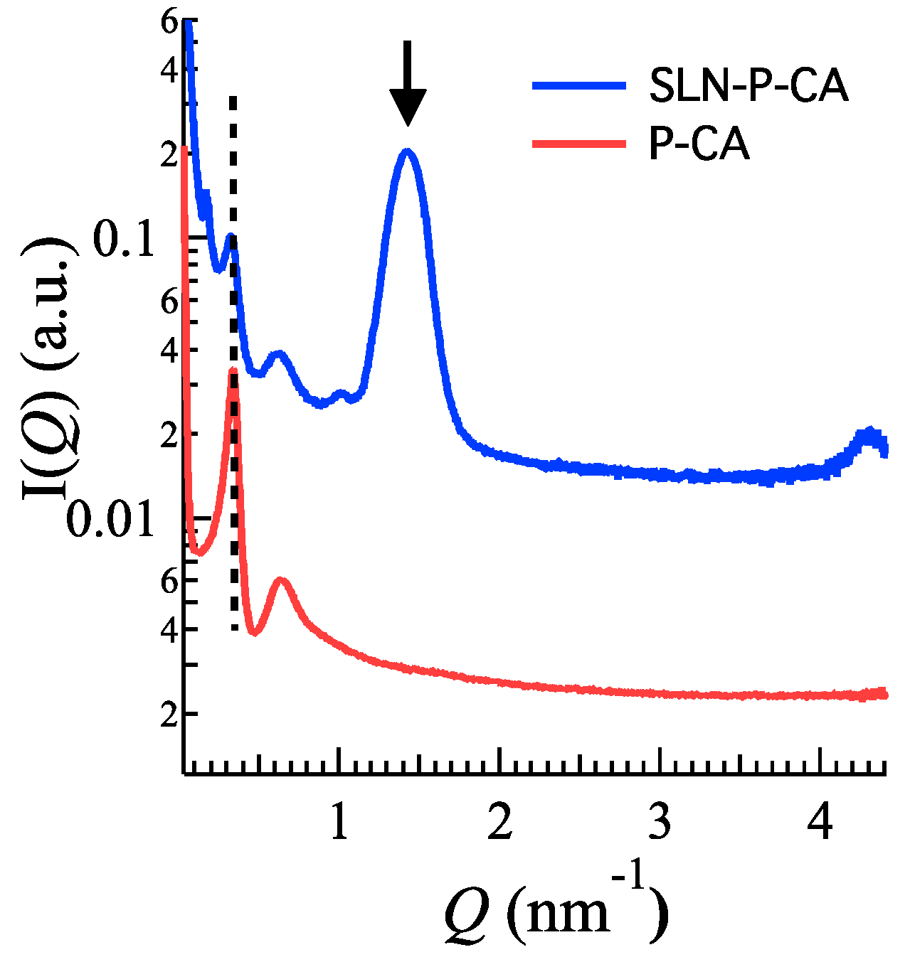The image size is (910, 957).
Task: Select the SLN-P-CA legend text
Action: tap(748, 86)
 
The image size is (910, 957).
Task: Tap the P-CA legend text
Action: tap(699, 145)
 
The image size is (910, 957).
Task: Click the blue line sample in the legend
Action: tap(578, 85)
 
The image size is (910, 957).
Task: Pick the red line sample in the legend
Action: tap(578, 144)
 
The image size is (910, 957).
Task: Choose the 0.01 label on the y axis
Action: tap(110, 520)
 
